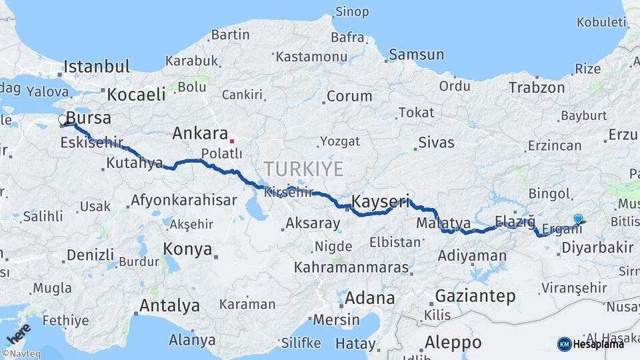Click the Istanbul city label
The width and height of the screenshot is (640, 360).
point(97,67)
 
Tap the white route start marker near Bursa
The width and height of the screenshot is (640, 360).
point(63,120)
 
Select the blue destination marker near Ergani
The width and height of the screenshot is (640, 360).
point(578,219)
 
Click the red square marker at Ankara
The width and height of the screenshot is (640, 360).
point(232,141)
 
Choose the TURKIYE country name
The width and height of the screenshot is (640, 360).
point(303,168)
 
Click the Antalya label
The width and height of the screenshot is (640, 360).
point(169,306)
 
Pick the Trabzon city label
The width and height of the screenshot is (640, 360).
point(537,87)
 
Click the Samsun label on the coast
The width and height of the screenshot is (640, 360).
point(417,55)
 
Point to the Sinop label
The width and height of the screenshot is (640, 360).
point(352,11)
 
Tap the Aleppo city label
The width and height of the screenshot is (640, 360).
point(453,342)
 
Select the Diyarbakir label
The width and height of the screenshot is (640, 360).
point(597,247)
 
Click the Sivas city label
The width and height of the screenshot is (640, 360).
point(436,143)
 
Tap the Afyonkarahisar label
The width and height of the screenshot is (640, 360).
point(184,200)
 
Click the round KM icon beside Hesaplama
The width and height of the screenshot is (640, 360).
point(564,344)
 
